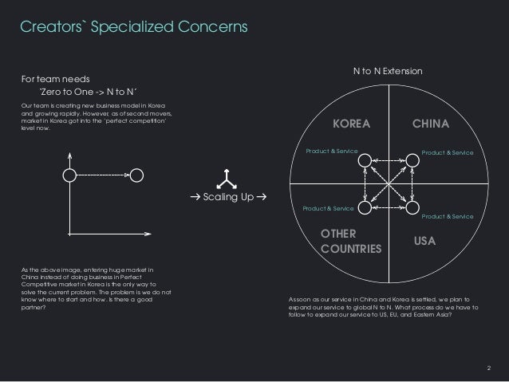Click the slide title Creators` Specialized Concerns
pyautogui.click(x=133, y=27)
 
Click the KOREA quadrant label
pyautogui.click(x=352, y=124)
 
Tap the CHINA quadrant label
pyautogui.click(x=431, y=124)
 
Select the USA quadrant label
pyautogui.click(x=424, y=239)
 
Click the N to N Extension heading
pyautogui.click(x=388, y=72)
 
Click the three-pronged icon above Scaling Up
pyautogui.click(x=228, y=176)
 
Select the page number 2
pyautogui.click(x=489, y=368)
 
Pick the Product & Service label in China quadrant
pyautogui.click(x=448, y=152)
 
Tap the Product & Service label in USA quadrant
pyautogui.click(x=448, y=216)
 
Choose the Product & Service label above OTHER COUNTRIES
pyautogui.click(x=328, y=208)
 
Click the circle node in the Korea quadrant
pyautogui.click(x=365, y=160)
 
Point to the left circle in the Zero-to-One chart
pyautogui.click(x=70, y=174)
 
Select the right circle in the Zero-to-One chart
pyautogui.click(x=137, y=174)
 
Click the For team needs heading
pyautogui.click(x=55, y=79)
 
